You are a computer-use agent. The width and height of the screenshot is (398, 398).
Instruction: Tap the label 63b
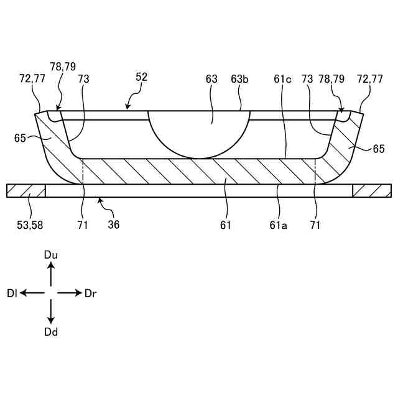pos(240,79)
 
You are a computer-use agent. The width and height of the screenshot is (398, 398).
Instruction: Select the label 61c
pos(282,79)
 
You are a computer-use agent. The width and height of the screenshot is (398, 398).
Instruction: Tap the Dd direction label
pos(51,332)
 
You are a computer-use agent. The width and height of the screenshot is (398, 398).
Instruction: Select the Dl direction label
pos(12,293)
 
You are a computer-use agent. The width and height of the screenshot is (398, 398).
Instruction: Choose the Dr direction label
pos(90,293)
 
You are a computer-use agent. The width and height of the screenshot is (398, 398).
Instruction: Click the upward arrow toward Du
pos(51,274)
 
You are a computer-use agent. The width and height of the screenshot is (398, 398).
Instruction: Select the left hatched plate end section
pos(26,191)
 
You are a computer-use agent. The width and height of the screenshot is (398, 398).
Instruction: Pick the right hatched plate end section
pos(372,191)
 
